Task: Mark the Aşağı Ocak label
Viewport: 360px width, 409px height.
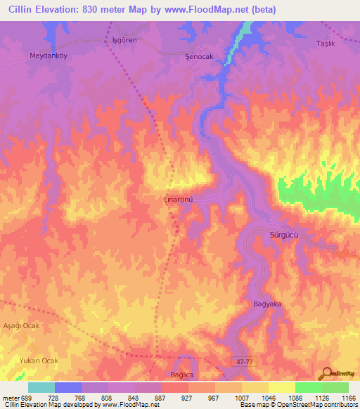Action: tap(22, 326)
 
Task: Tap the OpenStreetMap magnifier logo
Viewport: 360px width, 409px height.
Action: tap(326, 373)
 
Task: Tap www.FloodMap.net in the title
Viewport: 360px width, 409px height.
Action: tap(210, 9)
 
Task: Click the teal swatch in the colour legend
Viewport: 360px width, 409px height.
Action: tap(41, 387)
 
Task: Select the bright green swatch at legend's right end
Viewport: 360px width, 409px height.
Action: tap(335, 387)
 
